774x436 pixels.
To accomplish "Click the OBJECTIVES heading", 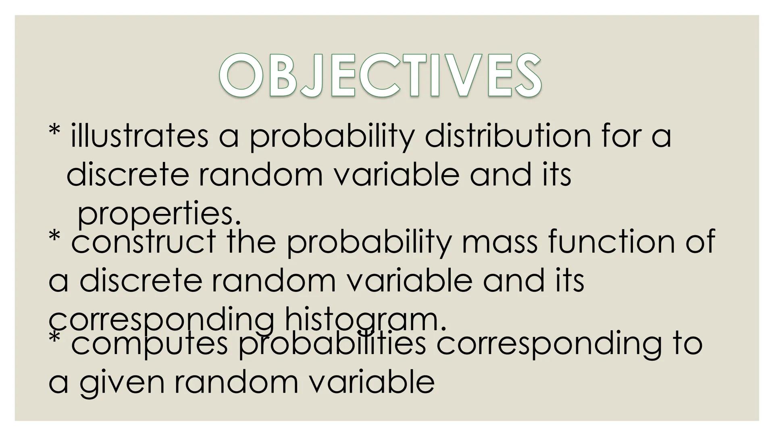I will coord(380,76).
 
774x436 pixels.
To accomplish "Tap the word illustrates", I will coord(139,136).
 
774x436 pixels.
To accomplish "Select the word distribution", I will coord(508,136).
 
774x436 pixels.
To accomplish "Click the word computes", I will coord(150,344).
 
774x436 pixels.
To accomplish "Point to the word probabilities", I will coord(332,344).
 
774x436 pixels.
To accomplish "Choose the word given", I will coord(122,382).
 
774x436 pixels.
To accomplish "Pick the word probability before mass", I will coord(369,241).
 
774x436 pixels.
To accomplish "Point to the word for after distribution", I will coord(621,136).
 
